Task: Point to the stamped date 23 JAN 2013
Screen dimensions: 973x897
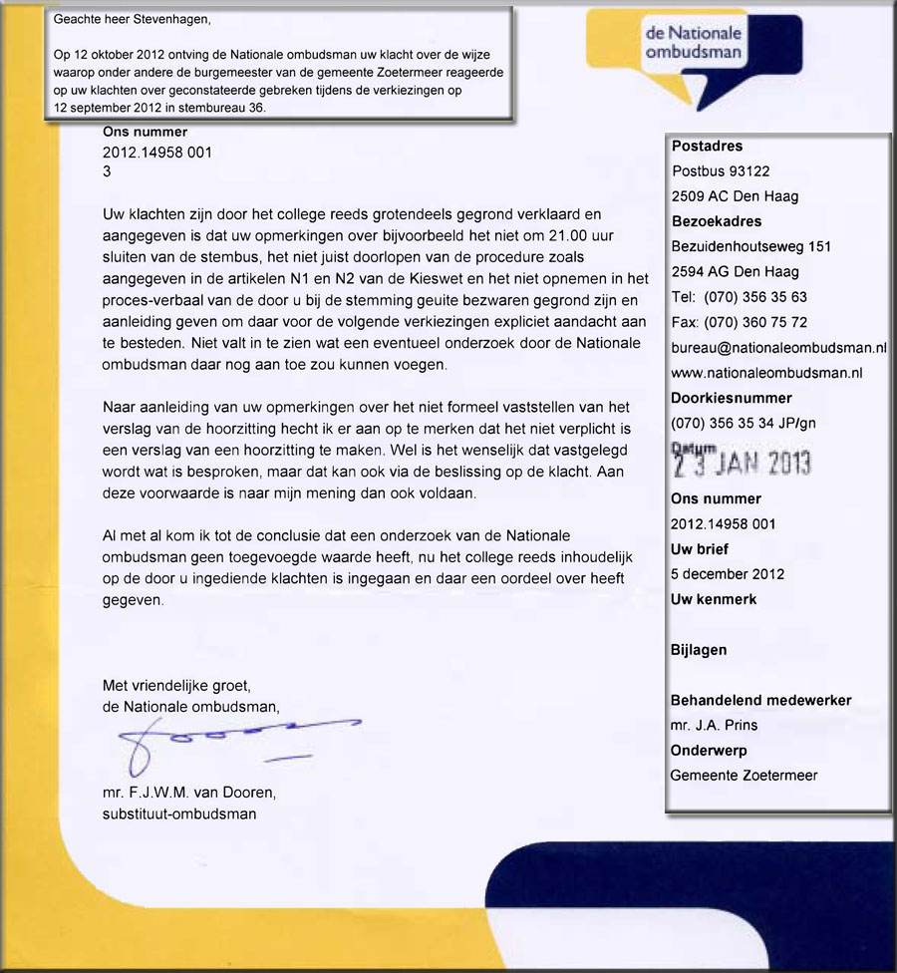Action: [x=742, y=462]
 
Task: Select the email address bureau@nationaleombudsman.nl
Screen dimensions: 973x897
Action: [x=779, y=348]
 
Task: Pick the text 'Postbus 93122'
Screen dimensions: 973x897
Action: [x=721, y=171]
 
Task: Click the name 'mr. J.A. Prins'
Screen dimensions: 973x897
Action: [x=714, y=725]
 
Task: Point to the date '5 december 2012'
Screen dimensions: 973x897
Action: [x=728, y=574]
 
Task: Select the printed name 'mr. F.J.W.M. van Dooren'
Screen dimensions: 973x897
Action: [x=188, y=794]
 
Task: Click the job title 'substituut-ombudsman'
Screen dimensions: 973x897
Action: [x=178, y=813]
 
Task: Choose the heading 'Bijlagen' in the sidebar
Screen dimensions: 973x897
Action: [x=699, y=650]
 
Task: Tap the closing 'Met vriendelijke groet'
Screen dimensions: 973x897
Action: [x=175, y=686]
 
